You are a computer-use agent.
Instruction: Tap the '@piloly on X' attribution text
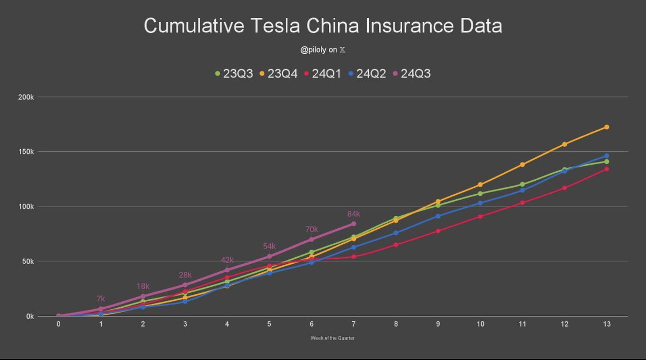(323, 50)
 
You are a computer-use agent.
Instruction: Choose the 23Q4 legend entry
(278, 73)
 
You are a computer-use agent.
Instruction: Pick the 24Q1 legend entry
(323, 73)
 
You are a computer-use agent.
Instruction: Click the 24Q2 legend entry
(367, 73)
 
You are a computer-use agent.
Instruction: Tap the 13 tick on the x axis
(606, 324)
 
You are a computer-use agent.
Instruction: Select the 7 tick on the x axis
(353, 324)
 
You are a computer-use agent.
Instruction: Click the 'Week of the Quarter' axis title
(332, 338)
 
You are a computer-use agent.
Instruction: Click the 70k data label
(312, 229)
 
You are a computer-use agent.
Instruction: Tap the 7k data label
(101, 299)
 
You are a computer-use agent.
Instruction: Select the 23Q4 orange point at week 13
(606, 127)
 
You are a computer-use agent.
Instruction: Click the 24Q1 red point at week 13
(606, 169)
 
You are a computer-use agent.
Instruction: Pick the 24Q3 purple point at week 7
(354, 223)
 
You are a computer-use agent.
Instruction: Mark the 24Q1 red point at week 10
(480, 216)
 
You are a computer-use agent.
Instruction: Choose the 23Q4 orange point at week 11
(522, 165)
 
